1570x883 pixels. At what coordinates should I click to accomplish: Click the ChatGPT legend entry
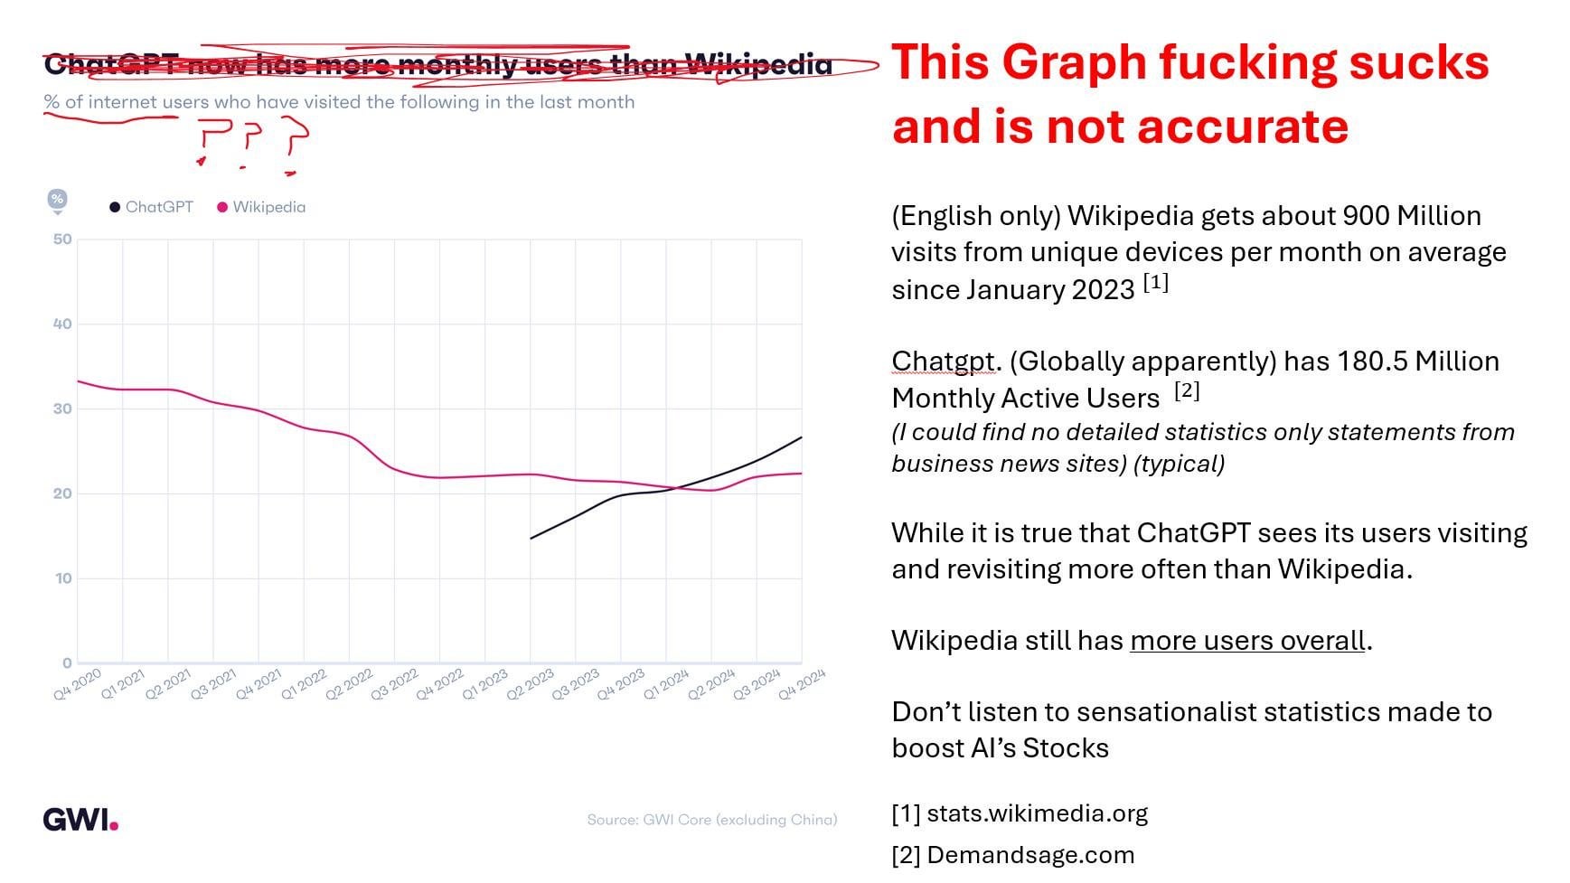click(x=152, y=207)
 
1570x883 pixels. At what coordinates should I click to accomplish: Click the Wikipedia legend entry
click(x=262, y=207)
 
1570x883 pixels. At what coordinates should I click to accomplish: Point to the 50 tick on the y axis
click(x=62, y=240)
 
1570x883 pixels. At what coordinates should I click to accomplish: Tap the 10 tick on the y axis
click(x=62, y=578)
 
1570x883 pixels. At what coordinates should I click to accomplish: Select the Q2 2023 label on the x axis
click(x=531, y=685)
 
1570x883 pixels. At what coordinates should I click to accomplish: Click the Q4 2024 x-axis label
click(x=802, y=685)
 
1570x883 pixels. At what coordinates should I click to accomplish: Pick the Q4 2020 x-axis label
click(x=78, y=685)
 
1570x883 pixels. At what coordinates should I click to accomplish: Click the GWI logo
click(x=80, y=820)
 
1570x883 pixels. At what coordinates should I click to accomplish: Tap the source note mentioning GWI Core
click(x=711, y=820)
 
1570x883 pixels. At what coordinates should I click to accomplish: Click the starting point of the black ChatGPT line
click(x=531, y=539)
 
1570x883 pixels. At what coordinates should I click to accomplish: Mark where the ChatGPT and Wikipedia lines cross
click(x=673, y=488)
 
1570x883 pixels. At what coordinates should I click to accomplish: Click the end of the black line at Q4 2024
click(x=801, y=437)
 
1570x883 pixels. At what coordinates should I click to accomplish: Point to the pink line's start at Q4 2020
click(x=79, y=381)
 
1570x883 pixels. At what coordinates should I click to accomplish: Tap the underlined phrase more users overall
click(x=1247, y=641)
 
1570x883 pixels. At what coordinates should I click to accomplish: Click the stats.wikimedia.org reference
click(x=1037, y=813)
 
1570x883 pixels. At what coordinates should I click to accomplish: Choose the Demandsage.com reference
click(x=1029, y=855)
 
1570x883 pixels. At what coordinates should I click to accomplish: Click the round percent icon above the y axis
click(x=57, y=200)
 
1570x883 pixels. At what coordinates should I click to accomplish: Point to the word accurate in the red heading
click(x=1243, y=127)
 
